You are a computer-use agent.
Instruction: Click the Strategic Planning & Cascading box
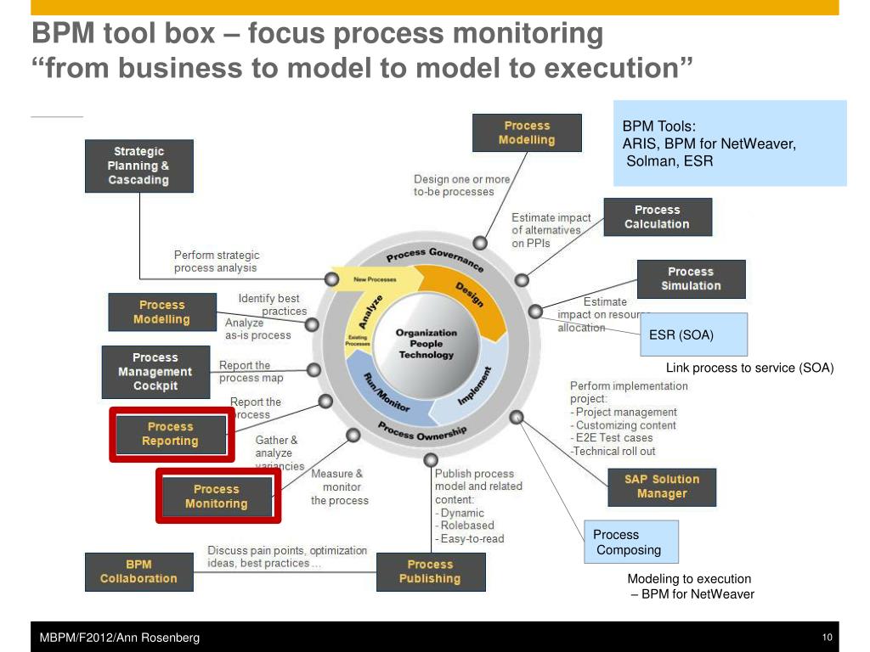(x=138, y=166)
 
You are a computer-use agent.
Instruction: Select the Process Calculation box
(x=657, y=217)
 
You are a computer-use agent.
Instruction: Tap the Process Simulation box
(x=691, y=278)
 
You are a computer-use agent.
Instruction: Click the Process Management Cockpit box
(x=155, y=372)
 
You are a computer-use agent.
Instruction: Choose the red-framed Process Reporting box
(x=171, y=434)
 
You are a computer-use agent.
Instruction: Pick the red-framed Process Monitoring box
(x=217, y=496)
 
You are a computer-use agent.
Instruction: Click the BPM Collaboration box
(x=138, y=571)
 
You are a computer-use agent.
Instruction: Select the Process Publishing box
(x=430, y=571)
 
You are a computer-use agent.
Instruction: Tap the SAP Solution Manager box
(x=662, y=486)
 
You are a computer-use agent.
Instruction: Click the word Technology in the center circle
(x=427, y=355)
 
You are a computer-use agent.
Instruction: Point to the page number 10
(x=826, y=638)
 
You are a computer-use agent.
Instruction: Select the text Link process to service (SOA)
(x=749, y=368)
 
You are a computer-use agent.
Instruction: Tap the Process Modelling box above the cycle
(x=527, y=132)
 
